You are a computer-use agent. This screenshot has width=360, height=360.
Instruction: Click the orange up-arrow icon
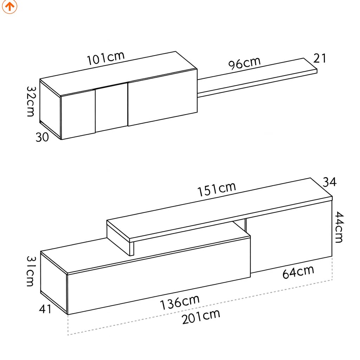point(9,6)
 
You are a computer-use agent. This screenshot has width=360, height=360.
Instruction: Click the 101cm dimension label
point(105,58)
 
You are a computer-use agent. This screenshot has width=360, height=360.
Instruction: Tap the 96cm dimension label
point(245,63)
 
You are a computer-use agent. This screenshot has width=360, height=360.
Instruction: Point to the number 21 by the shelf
point(320,58)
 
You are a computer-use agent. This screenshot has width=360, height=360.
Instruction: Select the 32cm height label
point(31,101)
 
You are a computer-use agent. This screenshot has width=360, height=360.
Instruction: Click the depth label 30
point(42,137)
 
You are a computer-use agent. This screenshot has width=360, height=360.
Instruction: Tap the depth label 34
point(330,182)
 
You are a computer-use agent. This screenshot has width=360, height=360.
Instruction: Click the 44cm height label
point(339,227)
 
